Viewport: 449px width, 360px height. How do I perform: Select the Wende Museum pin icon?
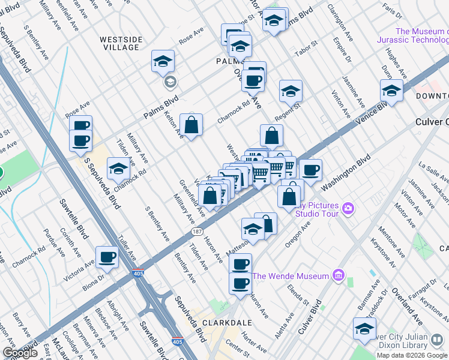[x=338, y=276]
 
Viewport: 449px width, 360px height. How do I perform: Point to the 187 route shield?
[x=197, y=232]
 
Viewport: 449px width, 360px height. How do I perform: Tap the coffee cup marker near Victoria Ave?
[x=107, y=257]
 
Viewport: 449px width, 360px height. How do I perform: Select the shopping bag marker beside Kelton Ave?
[x=191, y=125]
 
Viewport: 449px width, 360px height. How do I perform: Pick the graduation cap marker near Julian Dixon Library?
[x=364, y=329]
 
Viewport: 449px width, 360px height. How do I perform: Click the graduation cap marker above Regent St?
[x=291, y=91]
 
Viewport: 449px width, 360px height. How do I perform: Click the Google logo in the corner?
[x=20, y=353]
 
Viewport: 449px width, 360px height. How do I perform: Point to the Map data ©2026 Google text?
[x=412, y=355]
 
